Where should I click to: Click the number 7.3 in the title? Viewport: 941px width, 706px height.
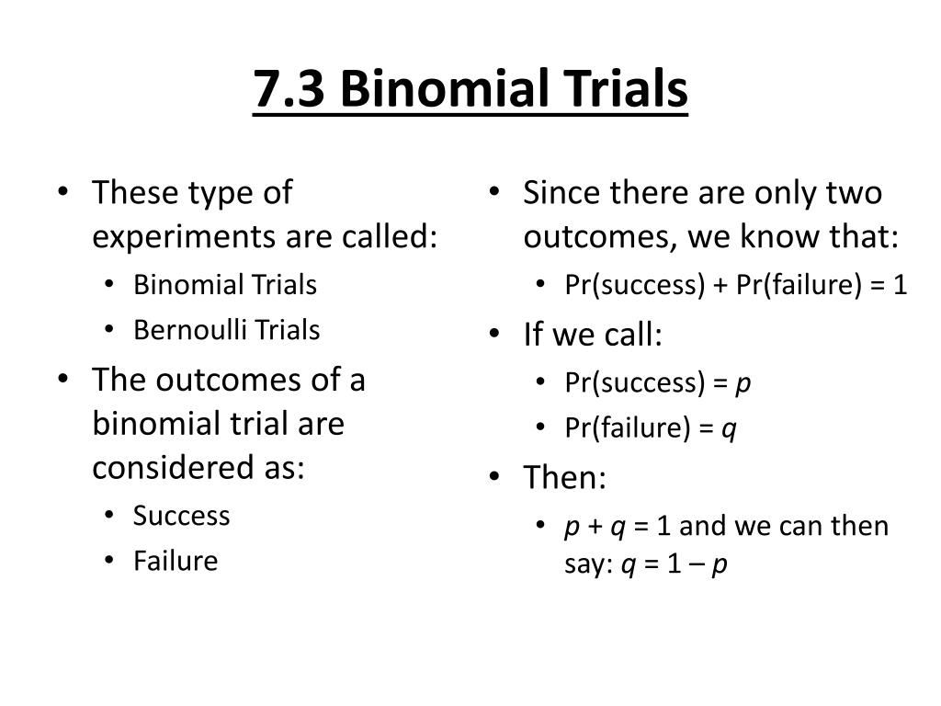(x=289, y=88)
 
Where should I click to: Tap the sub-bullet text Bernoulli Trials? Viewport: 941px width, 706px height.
(x=227, y=330)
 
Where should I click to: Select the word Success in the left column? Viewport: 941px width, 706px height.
(x=181, y=516)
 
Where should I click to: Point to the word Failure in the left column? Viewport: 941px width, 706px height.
(x=176, y=561)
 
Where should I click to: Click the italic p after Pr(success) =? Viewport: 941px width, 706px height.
(x=743, y=384)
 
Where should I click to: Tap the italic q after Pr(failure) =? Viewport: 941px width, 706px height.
(x=729, y=430)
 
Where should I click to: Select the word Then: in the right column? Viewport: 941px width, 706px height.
(x=565, y=477)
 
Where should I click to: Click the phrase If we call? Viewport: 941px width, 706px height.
(x=593, y=334)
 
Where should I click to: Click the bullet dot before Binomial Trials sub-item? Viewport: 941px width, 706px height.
(x=108, y=284)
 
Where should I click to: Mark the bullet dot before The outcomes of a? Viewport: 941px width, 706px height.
(x=63, y=379)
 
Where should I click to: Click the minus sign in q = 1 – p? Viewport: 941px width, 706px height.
(x=697, y=565)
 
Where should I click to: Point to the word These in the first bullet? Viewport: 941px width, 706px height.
(x=136, y=193)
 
